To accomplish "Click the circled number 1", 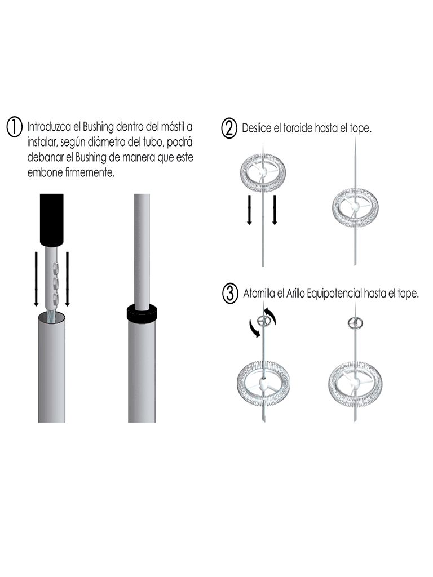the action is pyautogui.click(x=15, y=127).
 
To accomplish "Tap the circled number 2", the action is pyautogui.click(x=229, y=129).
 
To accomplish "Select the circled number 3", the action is pyautogui.click(x=230, y=294).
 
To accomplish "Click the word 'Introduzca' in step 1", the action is pyautogui.click(x=49, y=127).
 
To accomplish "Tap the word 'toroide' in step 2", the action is pyautogui.click(x=298, y=128).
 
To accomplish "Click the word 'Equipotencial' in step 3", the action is pyautogui.click(x=334, y=294).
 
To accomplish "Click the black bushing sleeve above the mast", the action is pyautogui.click(x=51, y=220).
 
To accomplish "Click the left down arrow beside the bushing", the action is pyautogui.click(x=36, y=278).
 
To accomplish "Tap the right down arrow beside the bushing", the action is pyautogui.click(x=68, y=278).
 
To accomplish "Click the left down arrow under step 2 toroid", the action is pyautogui.click(x=249, y=210).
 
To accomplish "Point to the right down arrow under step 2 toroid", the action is pyautogui.click(x=275, y=210).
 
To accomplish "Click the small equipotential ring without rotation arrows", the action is pyautogui.click(x=355, y=323).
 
